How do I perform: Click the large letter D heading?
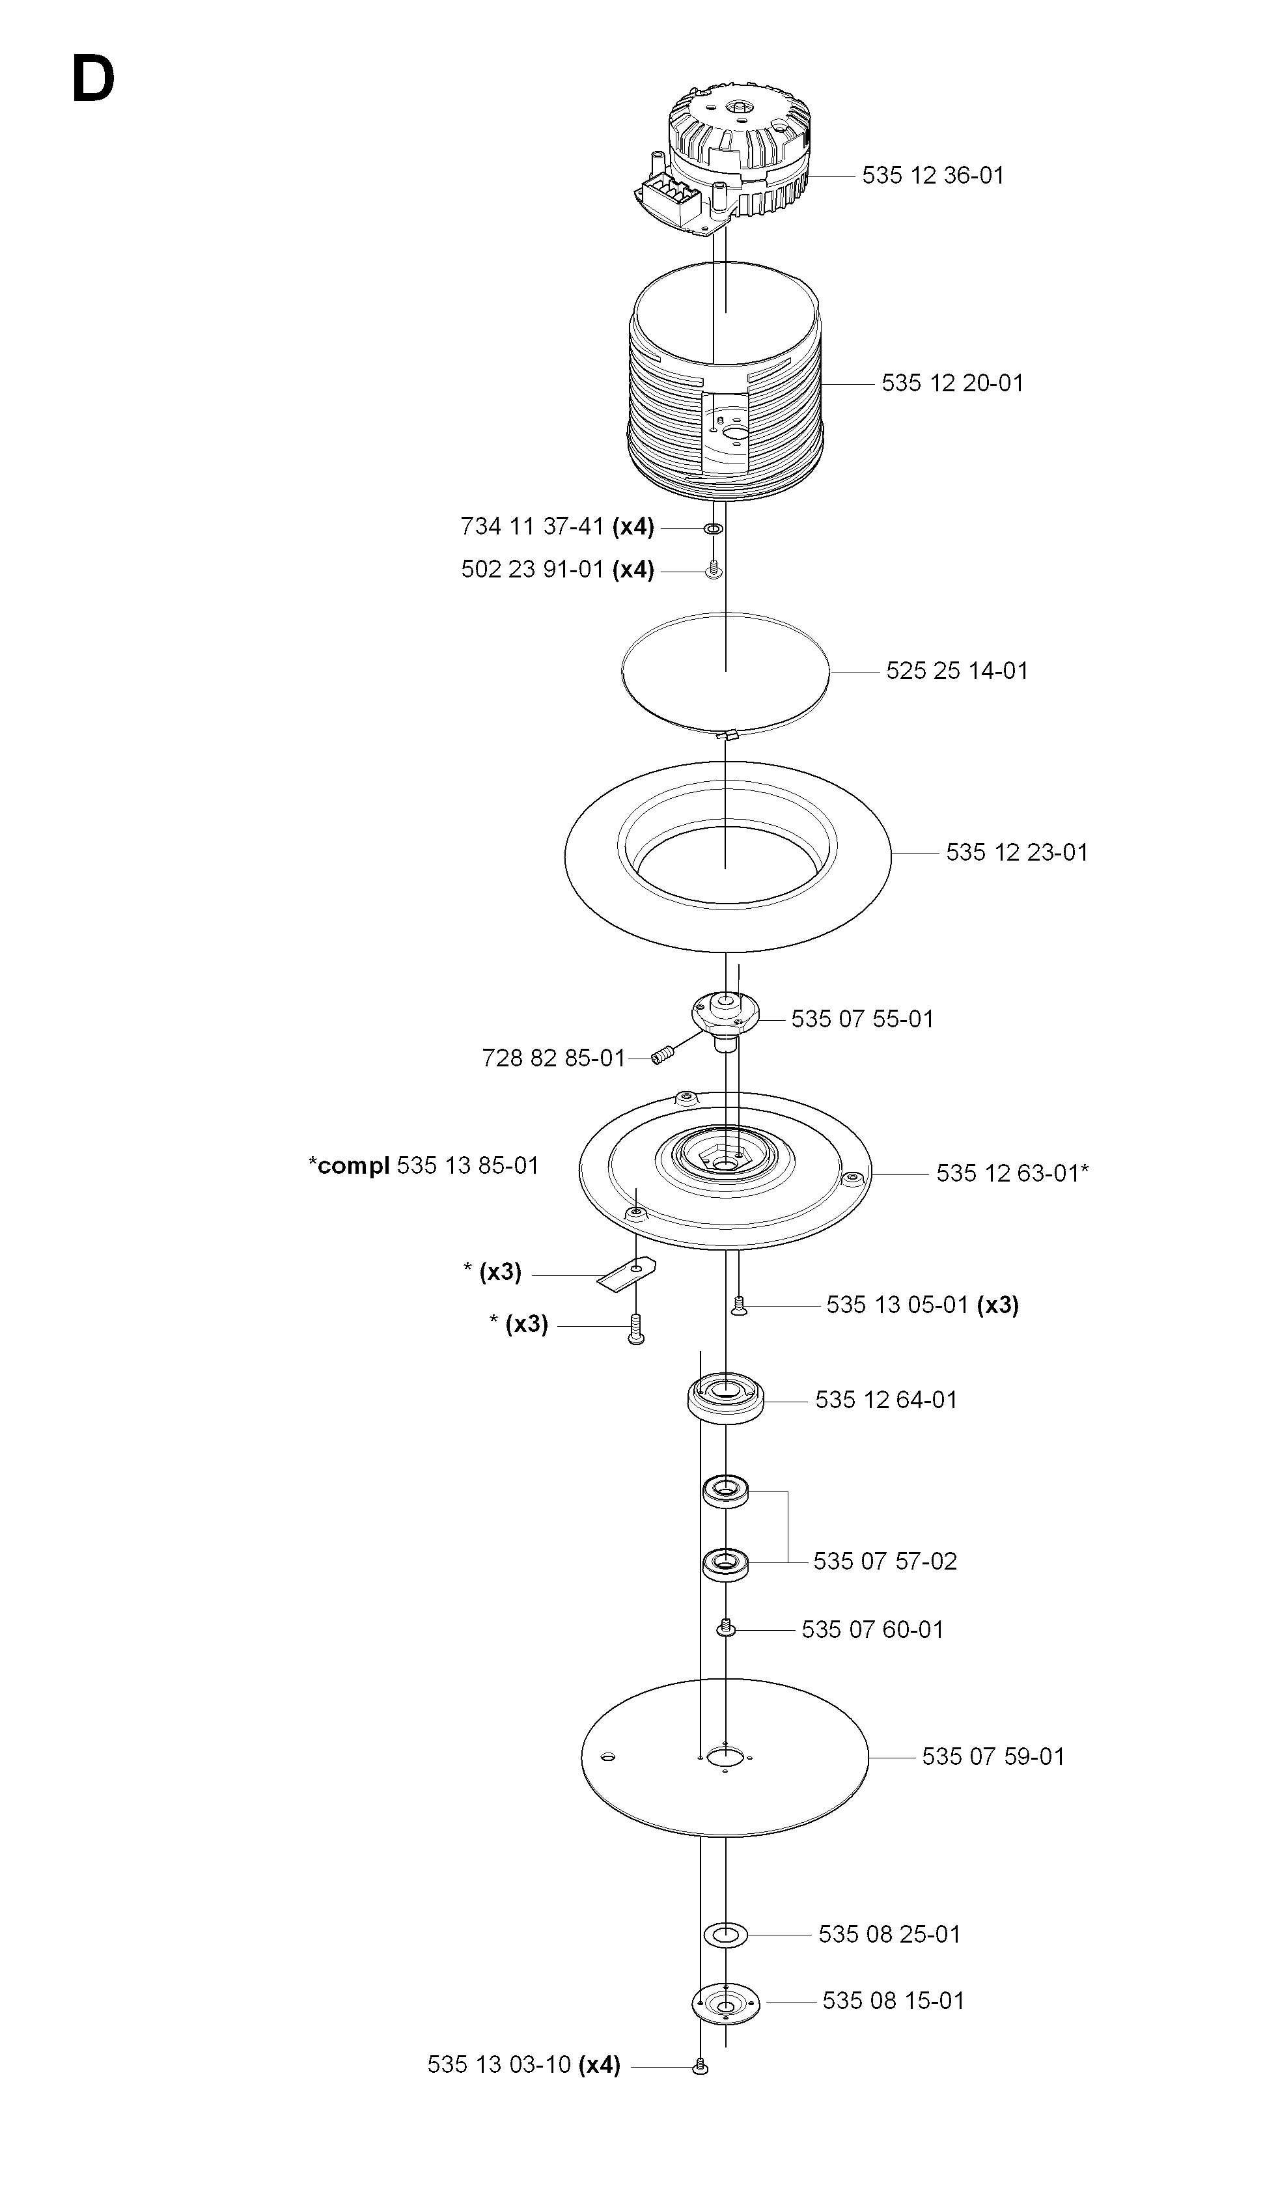click(93, 80)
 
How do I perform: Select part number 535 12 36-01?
click(932, 175)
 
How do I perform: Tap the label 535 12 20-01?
click(952, 383)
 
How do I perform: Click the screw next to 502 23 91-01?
click(713, 570)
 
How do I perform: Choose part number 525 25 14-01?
click(957, 671)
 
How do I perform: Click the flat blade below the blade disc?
click(627, 1272)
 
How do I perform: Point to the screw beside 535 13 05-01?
click(739, 1305)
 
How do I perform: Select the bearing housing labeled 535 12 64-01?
click(725, 1397)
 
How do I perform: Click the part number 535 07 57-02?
click(885, 1561)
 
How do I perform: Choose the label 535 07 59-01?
click(993, 1756)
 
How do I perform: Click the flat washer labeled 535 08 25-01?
click(725, 1934)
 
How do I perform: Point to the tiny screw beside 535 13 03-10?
click(701, 2068)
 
